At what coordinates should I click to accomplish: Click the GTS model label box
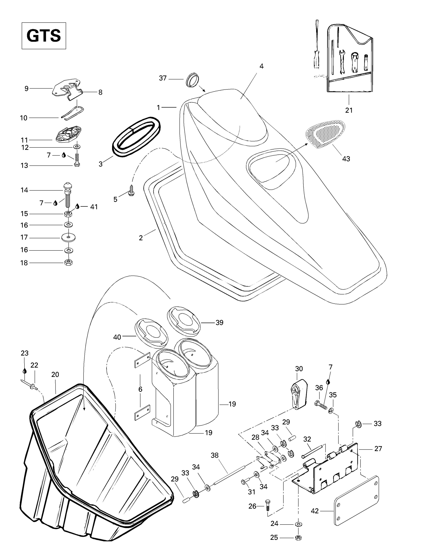tap(44, 36)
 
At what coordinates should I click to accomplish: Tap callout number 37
tap(163, 78)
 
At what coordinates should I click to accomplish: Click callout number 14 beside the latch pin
tap(24, 190)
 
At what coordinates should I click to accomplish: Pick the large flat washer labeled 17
tap(68, 238)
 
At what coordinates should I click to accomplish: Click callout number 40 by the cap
tap(117, 337)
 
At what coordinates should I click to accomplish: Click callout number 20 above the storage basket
tap(55, 375)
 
